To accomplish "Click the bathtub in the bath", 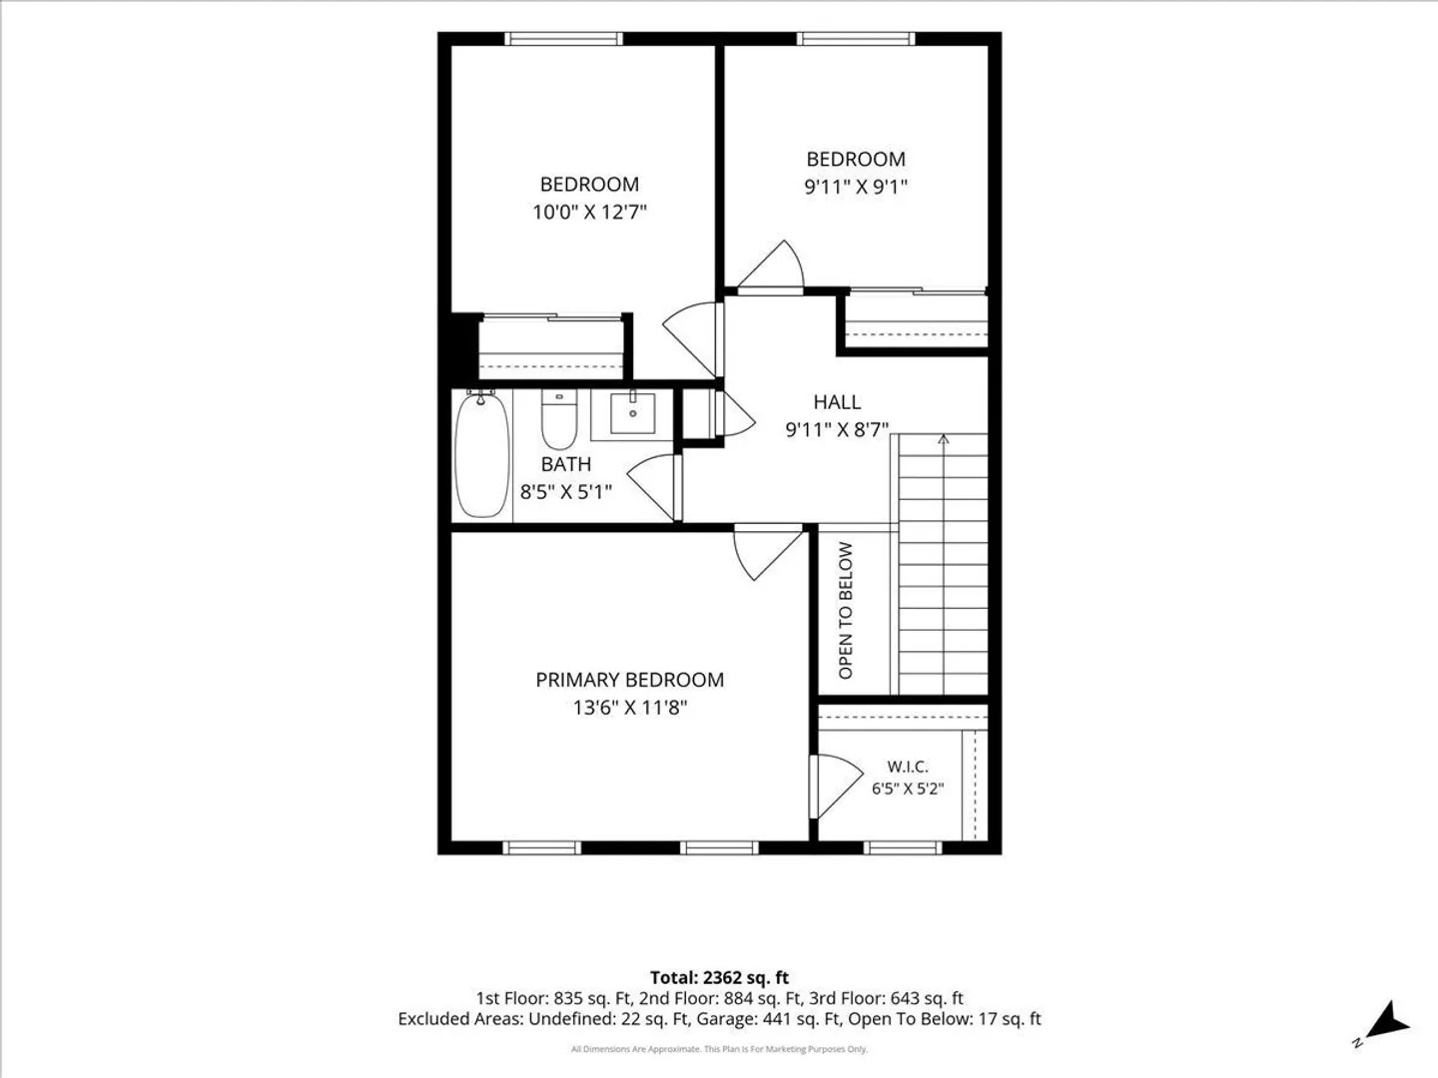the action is point(482,453).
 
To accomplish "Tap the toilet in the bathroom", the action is point(559,419).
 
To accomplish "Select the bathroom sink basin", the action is point(632,412).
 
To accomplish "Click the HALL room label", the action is point(837,401).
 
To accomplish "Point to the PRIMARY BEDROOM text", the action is point(629,680).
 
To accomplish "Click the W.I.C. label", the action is point(908,766).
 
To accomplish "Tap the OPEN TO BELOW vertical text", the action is point(845,610).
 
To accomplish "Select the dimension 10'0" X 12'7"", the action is point(589,212).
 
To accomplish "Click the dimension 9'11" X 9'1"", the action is point(856,188).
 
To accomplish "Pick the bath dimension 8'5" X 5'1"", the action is point(566,491).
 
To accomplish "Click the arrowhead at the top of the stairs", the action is point(943,438).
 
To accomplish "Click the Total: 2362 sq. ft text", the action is point(719,978).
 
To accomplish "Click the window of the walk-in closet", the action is point(903,847).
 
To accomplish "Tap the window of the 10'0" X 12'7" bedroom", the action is point(563,39).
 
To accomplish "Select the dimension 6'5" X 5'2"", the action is point(908,789).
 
